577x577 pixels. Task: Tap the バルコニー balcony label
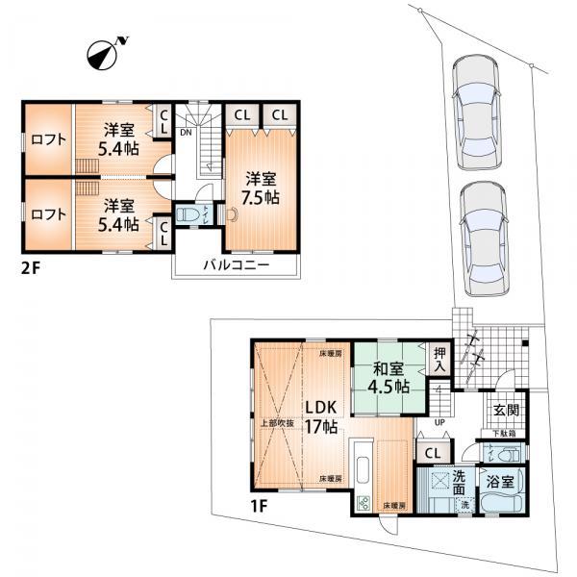(236, 264)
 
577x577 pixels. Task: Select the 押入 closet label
(439, 360)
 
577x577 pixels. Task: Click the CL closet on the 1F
(432, 453)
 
